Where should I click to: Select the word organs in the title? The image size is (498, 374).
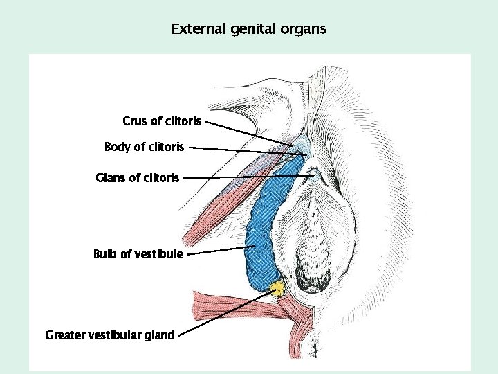point(303,30)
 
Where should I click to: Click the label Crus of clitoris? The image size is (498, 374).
point(162,121)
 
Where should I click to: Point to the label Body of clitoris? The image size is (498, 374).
point(144,147)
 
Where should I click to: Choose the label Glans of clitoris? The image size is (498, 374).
point(137,178)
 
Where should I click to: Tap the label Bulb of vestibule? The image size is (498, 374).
point(138,254)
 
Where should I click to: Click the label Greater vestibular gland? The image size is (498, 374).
point(110,335)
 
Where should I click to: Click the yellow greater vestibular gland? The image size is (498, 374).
point(277,288)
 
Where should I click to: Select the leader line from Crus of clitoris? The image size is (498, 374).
point(249,133)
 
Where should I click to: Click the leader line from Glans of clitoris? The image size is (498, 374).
point(249,177)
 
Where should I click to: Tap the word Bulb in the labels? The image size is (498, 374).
point(105,254)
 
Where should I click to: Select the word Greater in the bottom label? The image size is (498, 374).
point(65,335)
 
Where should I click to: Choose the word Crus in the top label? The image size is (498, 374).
point(135,121)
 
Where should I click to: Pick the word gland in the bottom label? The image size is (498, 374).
point(160,335)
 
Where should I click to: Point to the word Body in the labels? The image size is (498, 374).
point(116,147)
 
